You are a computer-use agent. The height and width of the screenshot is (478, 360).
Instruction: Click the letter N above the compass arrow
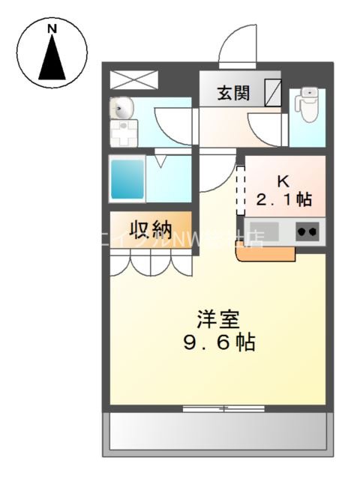52,28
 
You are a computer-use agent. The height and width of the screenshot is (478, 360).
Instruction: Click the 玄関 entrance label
233,93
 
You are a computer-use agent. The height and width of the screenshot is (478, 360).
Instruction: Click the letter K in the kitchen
283,181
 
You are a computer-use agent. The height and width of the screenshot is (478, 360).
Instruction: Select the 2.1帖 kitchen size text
284,200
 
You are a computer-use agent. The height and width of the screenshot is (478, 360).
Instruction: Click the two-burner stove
308,232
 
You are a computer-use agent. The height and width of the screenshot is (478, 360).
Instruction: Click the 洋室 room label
217,320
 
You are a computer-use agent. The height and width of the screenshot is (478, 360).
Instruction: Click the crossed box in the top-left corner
134,79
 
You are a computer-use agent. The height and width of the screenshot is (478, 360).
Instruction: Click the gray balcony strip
217,432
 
